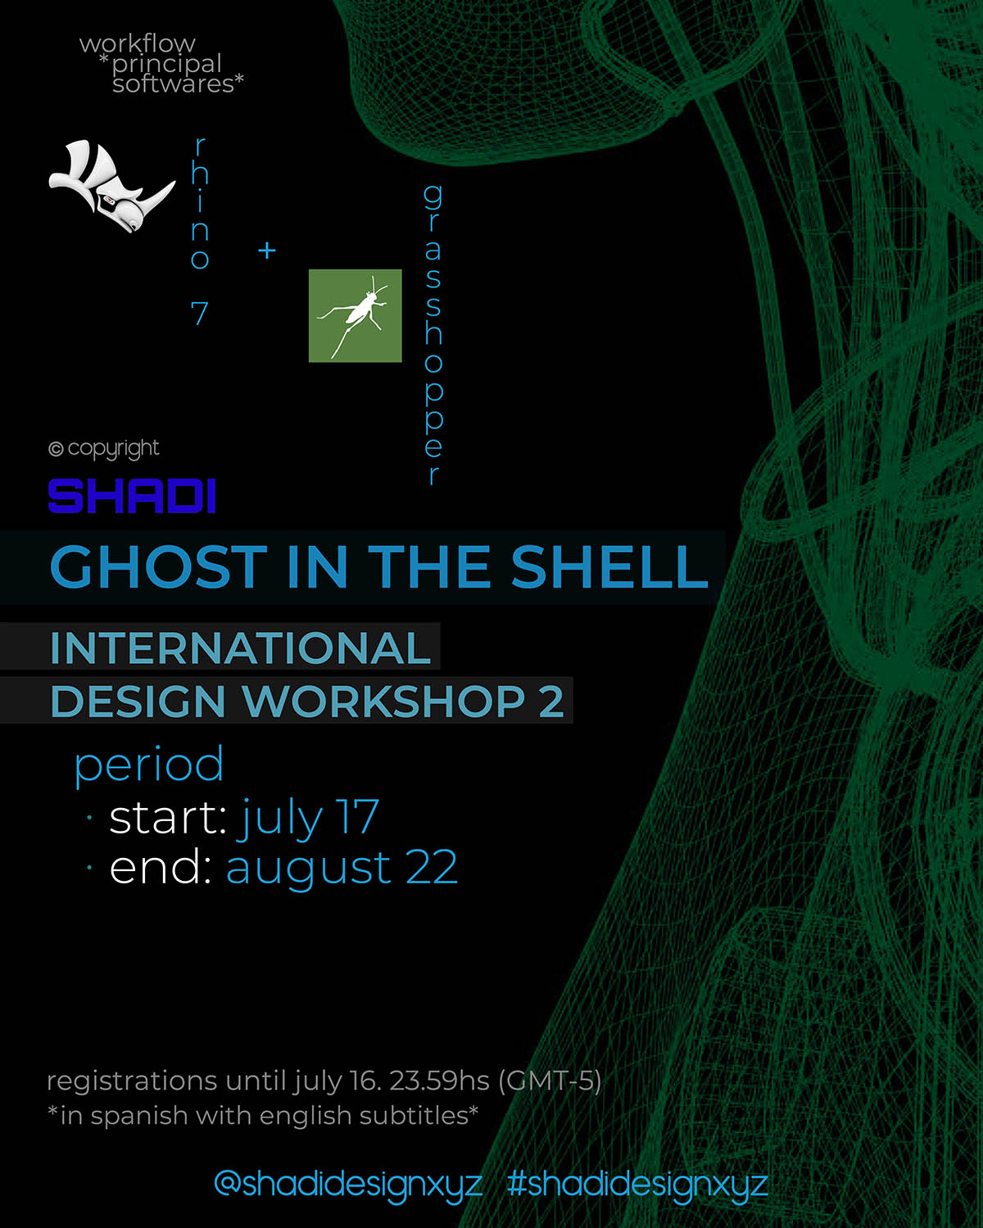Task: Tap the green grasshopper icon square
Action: (x=356, y=315)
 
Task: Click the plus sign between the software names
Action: (x=267, y=250)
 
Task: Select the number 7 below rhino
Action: (x=199, y=314)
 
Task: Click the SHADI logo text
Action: (x=132, y=496)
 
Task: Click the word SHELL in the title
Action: (x=609, y=567)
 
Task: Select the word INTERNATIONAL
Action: (x=241, y=648)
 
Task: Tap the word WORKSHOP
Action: (x=383, y=702)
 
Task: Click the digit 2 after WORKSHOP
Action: (x=551, y=702)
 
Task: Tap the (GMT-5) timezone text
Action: (x=550, y=1081)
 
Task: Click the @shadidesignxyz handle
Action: (x=348, y=1184)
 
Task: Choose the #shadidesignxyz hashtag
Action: (x=637, y=1184)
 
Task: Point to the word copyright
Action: (x=113, y=449)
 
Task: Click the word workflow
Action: (x=137, y=44)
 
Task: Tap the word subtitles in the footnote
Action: (x=416, y=1116)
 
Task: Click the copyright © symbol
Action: (x=56, y=449)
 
